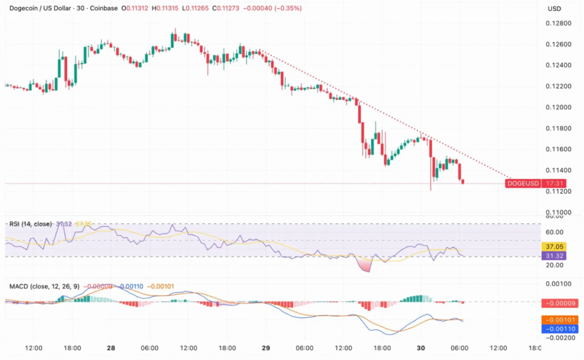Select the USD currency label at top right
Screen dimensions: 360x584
pyautogui.click(x=554, y=9)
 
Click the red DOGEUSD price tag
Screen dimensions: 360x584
pyautogui.click(x=522, y=184)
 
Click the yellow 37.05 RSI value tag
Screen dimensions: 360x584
pyautogui.click(x=554, y=247)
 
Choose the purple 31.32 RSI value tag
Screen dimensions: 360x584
pyautogui.click(x=554, y=256)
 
